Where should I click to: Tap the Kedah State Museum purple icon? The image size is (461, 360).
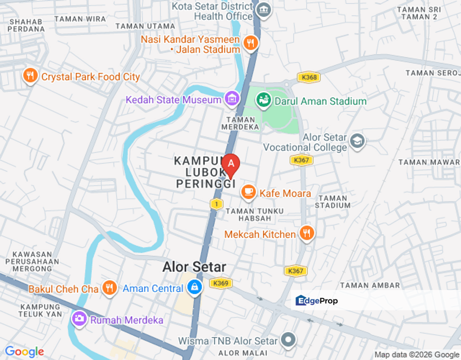pyautogui.click(x=232, y=99)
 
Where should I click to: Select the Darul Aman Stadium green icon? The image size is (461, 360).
pyautogui.click(x=263, y=100)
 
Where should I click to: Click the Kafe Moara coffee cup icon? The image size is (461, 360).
pyautogui.click(x=248, y=192)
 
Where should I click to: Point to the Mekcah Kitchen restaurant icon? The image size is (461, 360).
pyautogui.click(x=306, y=233)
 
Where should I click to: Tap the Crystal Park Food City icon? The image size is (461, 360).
pyautogui.click(x=30, y=76)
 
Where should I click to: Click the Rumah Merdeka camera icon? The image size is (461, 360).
pyautogui.click(x=79, y=318)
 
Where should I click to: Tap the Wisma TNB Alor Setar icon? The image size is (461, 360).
pyautogui.click(x=288, y=340)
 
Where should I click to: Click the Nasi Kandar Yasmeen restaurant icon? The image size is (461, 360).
pyautogui.click(x=250, y=43)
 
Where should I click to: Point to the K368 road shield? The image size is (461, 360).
pyautogui.click(x=308, y=77)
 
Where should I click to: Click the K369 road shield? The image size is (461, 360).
pyautogui.click(x=219, y=283)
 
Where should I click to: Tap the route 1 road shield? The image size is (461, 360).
pyautogui.click(x=216, y=203)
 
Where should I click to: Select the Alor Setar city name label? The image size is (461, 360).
pyautogui.click(x=194, y=266)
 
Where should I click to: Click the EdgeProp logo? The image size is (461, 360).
pyautogui.click(x=316, y=300)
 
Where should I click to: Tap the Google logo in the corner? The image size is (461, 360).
pyautogui.click(x=24, y=352)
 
